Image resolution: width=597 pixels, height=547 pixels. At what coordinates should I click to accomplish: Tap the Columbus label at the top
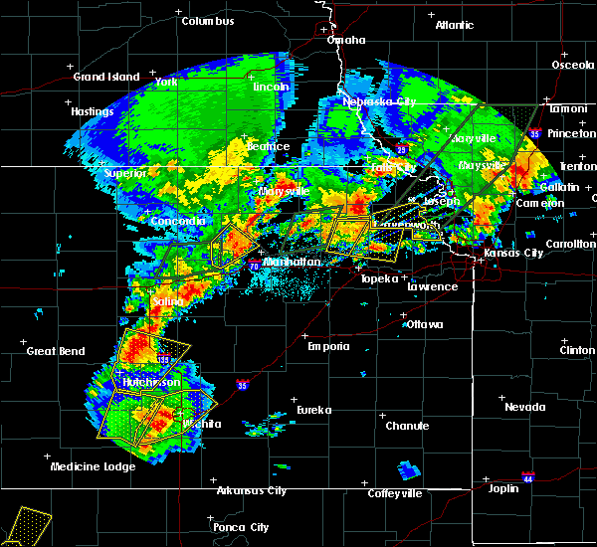[x=212, y=21]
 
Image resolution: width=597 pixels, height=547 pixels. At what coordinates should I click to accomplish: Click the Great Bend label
[x=54, y=351]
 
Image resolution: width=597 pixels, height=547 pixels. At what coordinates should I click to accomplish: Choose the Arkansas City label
[x=252, y=490]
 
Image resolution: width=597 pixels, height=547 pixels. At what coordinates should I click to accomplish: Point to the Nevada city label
[x=524, y=407]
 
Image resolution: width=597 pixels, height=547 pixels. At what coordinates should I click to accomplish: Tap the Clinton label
[x=577, y=351]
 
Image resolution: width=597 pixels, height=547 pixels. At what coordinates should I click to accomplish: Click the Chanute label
[x=407, y=426]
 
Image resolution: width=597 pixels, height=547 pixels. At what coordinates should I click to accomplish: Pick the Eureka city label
[x=313, y=410]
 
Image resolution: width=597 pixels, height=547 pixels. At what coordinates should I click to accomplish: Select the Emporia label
[x=327, y=346]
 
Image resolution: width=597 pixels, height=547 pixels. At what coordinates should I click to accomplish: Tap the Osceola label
[x=571, y=66]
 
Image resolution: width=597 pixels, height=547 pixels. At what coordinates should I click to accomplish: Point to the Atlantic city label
[x=454, y=25]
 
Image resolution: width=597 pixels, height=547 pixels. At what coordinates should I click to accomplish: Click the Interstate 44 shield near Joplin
[x=527, y=476]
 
